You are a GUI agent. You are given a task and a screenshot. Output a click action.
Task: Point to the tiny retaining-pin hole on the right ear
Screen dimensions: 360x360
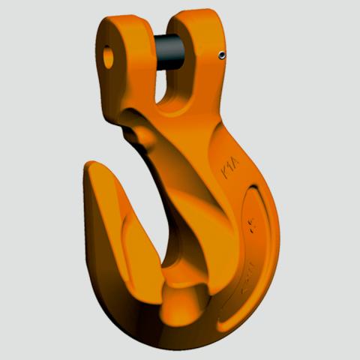pyautogui.click(x=221, y=54)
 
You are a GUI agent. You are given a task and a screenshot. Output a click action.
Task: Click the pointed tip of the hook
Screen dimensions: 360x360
pyautogui.click(x=93, y=166)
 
